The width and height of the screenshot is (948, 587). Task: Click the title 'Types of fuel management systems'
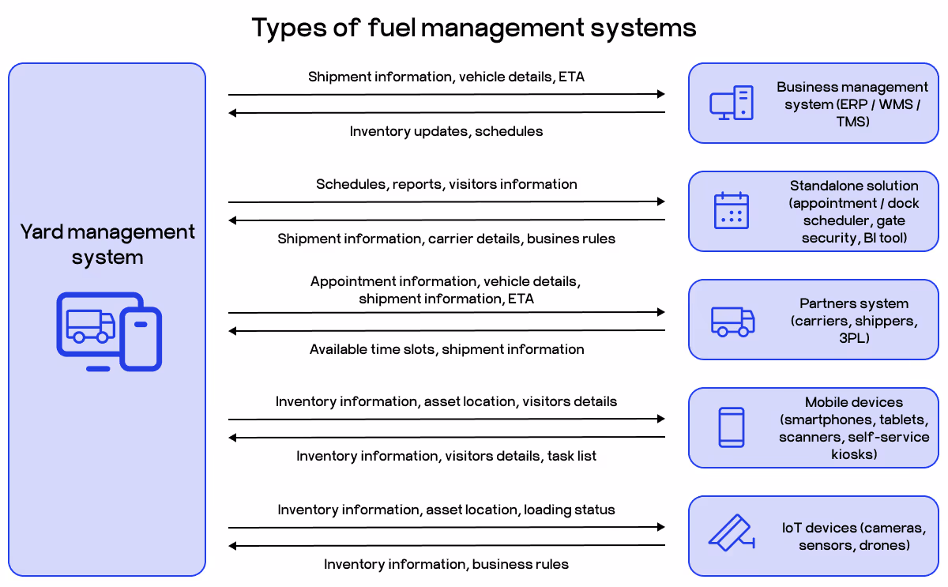click(474, 28)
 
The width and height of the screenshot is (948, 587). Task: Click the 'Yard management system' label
click(107, 244)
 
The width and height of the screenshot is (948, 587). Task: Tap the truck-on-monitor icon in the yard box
click(108, 331)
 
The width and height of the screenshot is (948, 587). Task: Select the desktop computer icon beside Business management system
click(731, 103)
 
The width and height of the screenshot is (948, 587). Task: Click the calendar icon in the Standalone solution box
click(731, 211)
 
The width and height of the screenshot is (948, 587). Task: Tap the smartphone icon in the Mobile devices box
click(731, 427)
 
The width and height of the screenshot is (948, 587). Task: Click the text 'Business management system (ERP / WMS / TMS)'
click(852, 104)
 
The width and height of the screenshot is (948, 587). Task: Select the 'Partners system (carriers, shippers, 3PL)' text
click(853, 321)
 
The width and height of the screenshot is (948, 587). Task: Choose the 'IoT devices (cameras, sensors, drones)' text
click(853, 536)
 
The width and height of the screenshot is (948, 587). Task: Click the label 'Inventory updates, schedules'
click(446, 131)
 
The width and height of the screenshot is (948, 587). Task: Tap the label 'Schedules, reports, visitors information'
click(446, 184)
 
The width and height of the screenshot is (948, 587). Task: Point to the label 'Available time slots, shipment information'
click(446, 349)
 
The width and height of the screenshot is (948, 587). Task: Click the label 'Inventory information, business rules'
click(446, 564)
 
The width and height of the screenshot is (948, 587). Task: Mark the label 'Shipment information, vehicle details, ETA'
click(446, 77)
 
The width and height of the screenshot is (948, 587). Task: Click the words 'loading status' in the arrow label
click(569, 510)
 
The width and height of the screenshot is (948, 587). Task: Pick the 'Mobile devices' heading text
click(853, 402)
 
